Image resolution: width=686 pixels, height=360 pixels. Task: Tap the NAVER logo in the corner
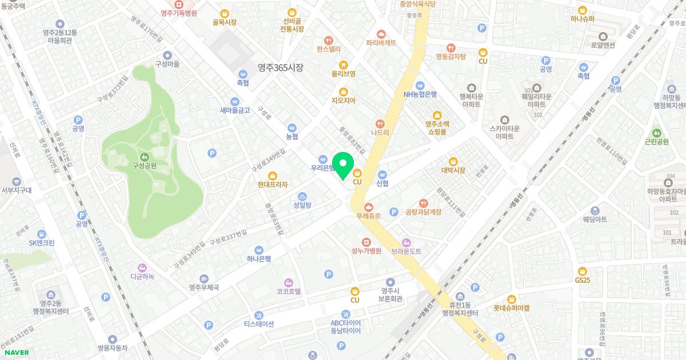(15, 352)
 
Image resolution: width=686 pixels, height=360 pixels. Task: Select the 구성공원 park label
(145, 166)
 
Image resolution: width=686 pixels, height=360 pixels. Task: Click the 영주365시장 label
(280, 67)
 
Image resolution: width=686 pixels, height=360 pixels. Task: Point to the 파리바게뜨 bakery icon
(381, 34)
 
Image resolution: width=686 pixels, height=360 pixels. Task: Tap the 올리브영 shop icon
(344, 65)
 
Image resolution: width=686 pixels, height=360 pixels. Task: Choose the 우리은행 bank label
(323, 169)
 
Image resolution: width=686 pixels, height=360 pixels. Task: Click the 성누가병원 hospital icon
(366, 242)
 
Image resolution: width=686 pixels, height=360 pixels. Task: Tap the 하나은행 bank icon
(259, 250)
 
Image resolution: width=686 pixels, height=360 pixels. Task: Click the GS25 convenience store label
(583, 280)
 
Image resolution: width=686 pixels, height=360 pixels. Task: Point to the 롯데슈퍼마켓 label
(512, 307)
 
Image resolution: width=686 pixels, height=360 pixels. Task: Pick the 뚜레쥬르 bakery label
(369, 216)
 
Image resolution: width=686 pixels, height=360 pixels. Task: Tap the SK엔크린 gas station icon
(42, 234)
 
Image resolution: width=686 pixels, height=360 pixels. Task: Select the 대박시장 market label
(453, 170)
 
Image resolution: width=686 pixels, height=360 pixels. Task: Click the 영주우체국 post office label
(205, 287)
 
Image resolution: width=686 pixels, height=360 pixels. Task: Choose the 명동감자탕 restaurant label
(451, 57)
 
